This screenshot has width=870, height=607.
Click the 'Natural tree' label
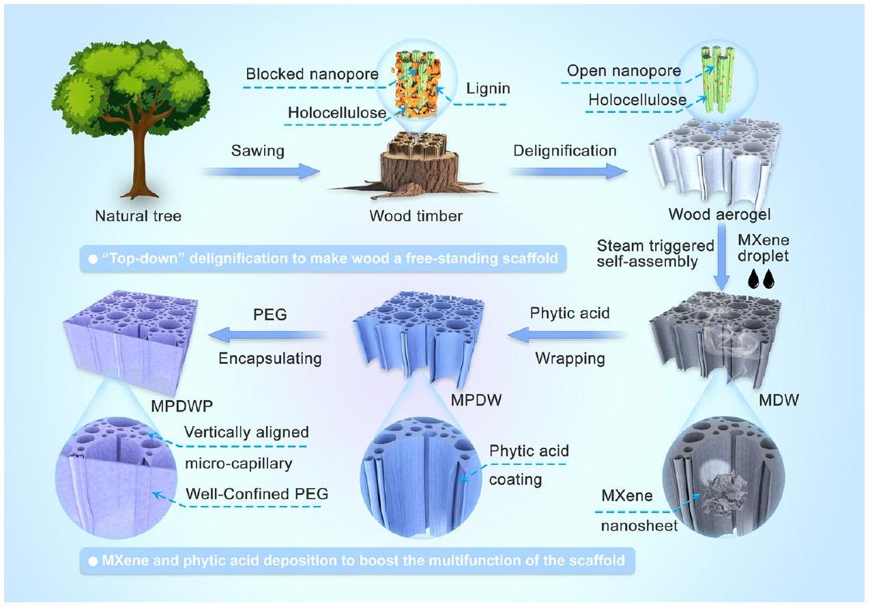coord(139,216)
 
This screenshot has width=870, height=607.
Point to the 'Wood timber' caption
coord(416,216)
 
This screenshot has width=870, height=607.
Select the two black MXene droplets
coord(764,280)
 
